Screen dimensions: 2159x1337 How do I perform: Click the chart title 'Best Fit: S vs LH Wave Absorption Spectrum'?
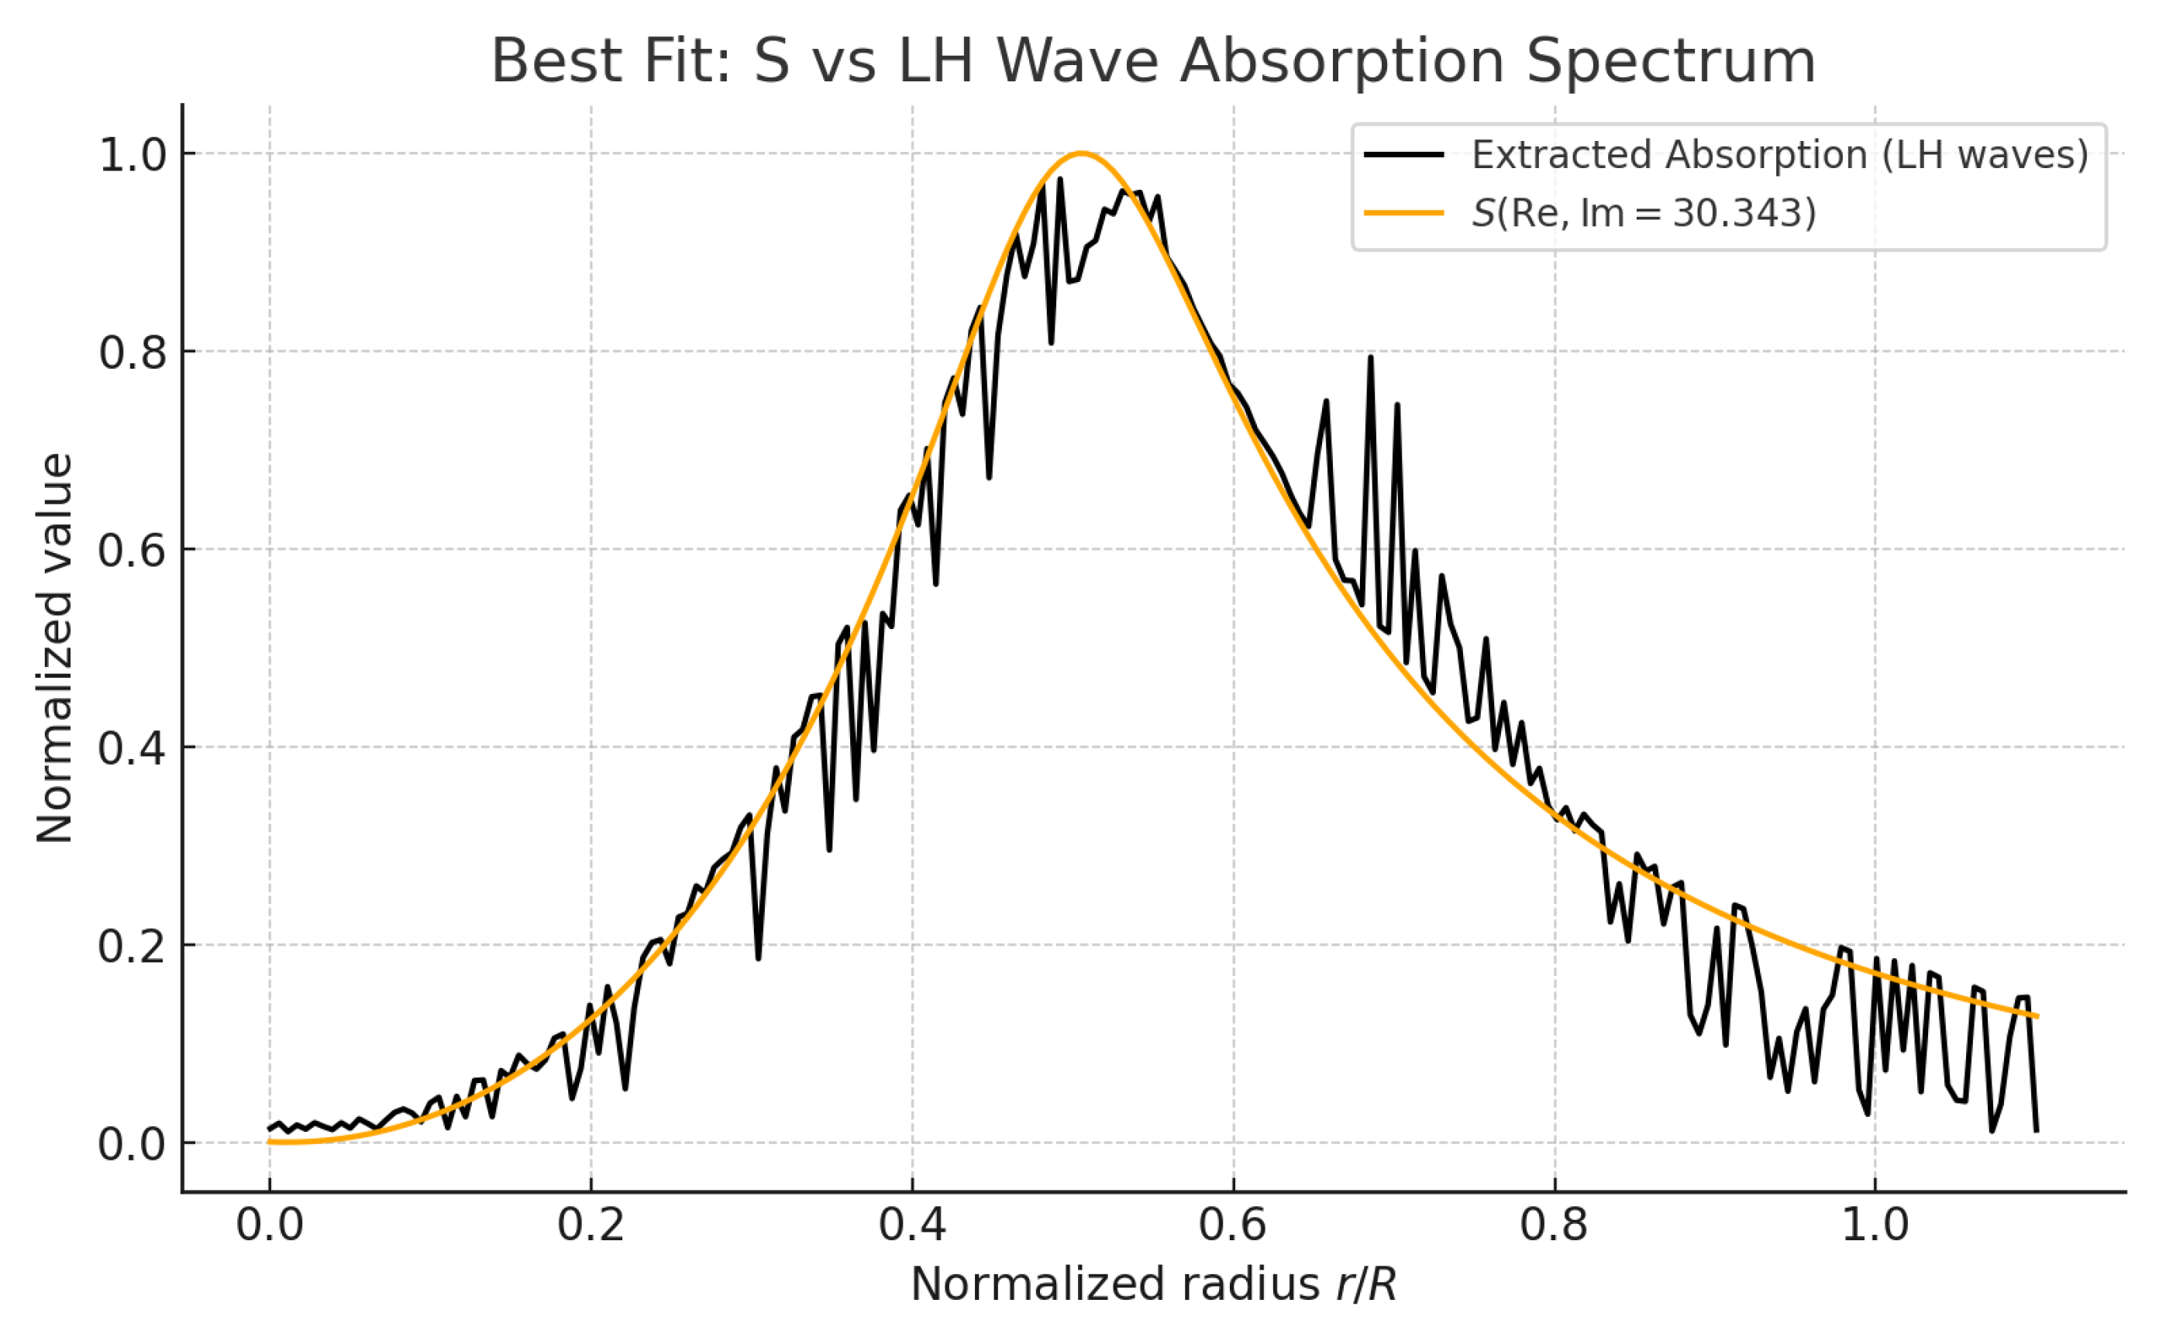click(x=1152, y=62)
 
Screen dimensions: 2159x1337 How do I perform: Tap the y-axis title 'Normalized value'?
click(x=55, y=648)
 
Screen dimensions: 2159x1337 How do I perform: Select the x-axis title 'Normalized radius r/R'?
click(x=1152, y=1284)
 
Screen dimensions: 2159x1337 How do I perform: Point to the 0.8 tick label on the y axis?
click(x=133, y=352)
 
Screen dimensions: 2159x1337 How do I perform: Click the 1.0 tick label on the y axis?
click(x=133, y=155)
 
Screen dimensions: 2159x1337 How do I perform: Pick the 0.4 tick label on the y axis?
click(x=133, y=748)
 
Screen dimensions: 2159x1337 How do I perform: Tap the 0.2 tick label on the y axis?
click(x=133, y=946)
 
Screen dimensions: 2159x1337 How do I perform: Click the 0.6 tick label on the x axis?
click(x=1233, y=1225)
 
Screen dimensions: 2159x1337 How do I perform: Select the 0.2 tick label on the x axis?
click(x=591, y=1225)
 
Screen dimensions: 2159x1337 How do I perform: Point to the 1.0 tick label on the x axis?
click(x=1875, y=1225)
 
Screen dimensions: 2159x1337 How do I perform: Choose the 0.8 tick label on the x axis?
click(x=1554, y=1225)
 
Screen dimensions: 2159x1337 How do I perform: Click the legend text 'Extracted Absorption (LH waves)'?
click(x=1779, y=155)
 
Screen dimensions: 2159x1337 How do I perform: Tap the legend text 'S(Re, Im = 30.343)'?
click(x=1644, y=213)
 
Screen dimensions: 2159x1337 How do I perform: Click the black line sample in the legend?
click(x=1403, y=155)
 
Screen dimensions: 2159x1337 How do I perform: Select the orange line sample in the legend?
click(x=1403, y=213)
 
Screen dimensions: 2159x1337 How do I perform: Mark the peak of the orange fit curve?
click(x=1081, y=154)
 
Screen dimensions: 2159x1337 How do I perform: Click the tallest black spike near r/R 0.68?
click(x=1370, y=357)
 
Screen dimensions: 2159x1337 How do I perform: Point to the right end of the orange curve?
click(x=2037, y=1016)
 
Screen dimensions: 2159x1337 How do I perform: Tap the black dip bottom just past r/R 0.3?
click(x=758, y=957)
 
